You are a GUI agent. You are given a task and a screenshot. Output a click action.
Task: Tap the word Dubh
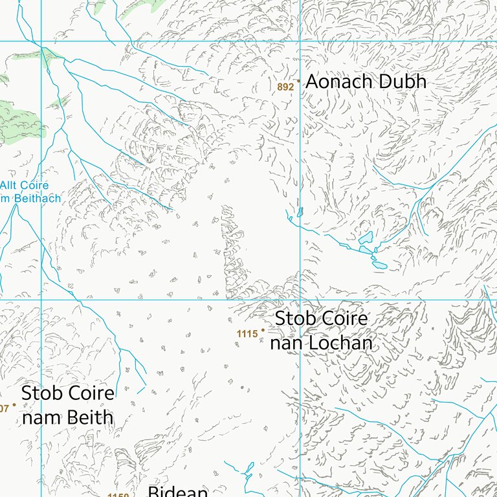[404, 82]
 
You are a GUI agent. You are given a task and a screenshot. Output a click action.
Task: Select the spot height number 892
[285, 87]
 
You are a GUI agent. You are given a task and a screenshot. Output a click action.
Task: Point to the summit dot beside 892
[298, 81]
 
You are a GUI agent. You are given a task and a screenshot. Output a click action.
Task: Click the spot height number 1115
[247, 334]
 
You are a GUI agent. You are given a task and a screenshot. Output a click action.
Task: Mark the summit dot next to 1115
[263, 330]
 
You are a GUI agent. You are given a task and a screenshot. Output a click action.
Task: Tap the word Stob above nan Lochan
[294, 319]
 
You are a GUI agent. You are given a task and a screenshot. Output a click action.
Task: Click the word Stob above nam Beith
[41, 393]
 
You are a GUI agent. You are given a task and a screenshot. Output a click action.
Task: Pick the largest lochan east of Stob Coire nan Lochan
[366, 238]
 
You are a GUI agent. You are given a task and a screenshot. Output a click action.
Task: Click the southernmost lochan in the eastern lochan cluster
[380, 265]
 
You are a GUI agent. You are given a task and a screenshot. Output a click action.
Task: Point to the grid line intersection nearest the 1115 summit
[300, 300]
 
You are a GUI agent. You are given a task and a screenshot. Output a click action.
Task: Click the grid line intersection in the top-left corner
[41, 41]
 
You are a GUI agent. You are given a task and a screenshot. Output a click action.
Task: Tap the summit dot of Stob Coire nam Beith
[14, 404]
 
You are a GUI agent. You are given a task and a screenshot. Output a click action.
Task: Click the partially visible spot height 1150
[118, 494]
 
